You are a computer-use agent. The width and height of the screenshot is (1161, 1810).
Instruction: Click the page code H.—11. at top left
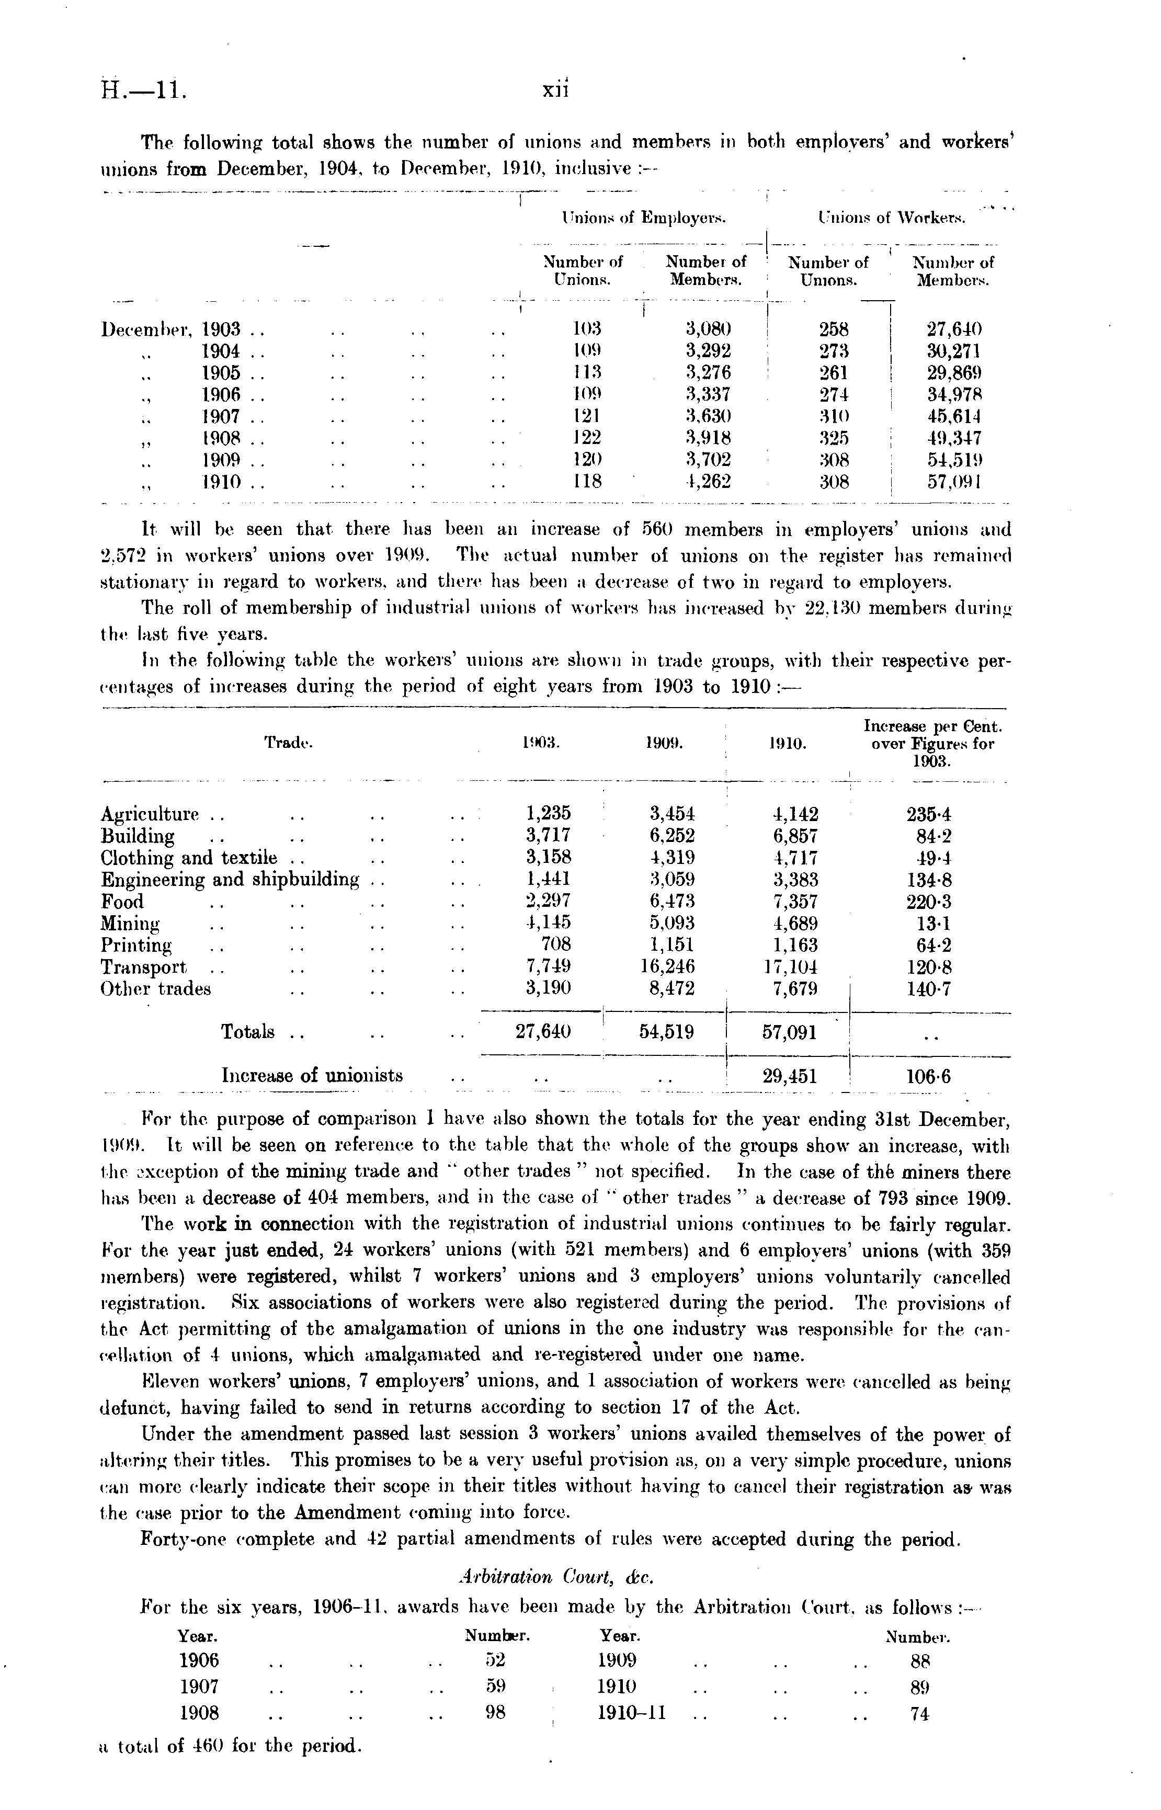pyautogui.click(x=143, y=91)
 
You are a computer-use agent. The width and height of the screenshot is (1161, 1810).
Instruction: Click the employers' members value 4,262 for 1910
pyautogui.click(x=708, y=481)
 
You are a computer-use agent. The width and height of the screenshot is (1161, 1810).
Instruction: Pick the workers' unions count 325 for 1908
pyautogui.click(x=834, y=437)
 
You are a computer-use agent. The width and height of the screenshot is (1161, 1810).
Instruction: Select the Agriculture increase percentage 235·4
pyautogui.click(x=929, y=814)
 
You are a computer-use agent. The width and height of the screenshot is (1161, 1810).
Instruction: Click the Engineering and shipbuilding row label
pyautogui.click(x=230, y=880)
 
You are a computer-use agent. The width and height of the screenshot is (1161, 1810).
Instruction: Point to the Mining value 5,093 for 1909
pyautogui.click(x=671, y=923)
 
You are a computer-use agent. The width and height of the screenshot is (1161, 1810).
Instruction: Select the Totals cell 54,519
pyautogui.click(x=666, y=1032)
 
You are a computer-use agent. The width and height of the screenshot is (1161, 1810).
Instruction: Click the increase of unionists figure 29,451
pyautogui.click(x=789, y=1076)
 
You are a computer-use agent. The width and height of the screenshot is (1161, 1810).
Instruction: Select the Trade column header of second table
pyautogui.click(x=288, y=743)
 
